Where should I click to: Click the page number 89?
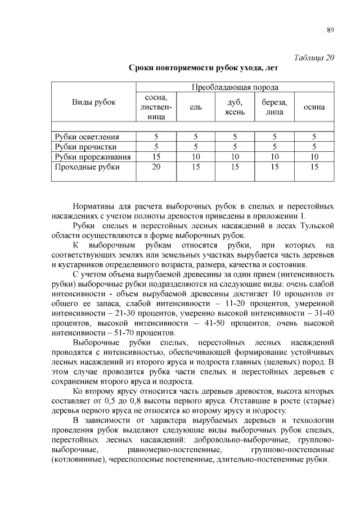[x=330, y=30]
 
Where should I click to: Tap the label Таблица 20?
[x=314, y=57]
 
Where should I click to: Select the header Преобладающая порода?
[x=235, y=87]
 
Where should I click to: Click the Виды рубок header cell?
[x=94, y=102]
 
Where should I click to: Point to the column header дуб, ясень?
[x=235, y=107]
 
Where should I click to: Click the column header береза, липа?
[x=274, y=107]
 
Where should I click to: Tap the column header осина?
[x=314, y=107]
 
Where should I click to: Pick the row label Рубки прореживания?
[x=92, y=156]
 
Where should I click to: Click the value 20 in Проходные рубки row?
[x=157, y=167]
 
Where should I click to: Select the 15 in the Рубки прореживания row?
[x=157, y=156]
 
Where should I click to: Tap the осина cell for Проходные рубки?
[x=314, y=167]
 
